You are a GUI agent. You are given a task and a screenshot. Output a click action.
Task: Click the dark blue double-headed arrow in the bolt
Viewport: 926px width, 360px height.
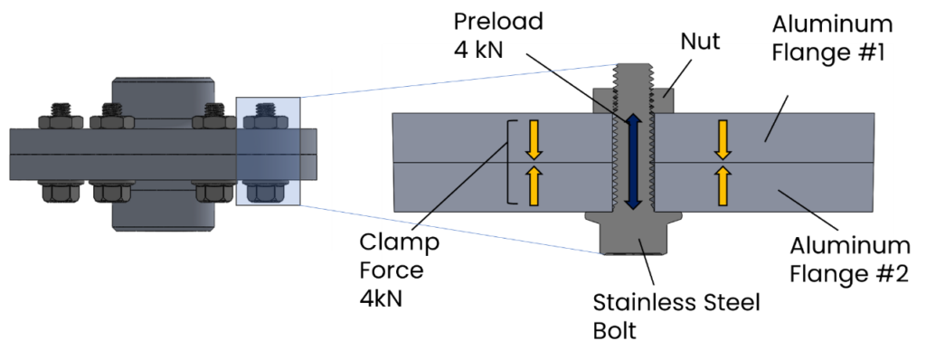(632, 162)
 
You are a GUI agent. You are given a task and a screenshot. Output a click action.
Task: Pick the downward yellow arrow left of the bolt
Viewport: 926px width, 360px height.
(534, 138)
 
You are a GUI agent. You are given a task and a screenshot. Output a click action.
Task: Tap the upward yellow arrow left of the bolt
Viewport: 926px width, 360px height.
(534, 185)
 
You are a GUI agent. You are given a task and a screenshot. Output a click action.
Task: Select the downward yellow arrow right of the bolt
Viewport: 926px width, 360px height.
(722, 138)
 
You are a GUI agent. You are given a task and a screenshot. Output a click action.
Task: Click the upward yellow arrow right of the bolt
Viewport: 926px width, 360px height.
(722, 185)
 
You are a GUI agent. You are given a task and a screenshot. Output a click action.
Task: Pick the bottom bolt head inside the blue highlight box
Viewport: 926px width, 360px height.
(264, 193)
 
